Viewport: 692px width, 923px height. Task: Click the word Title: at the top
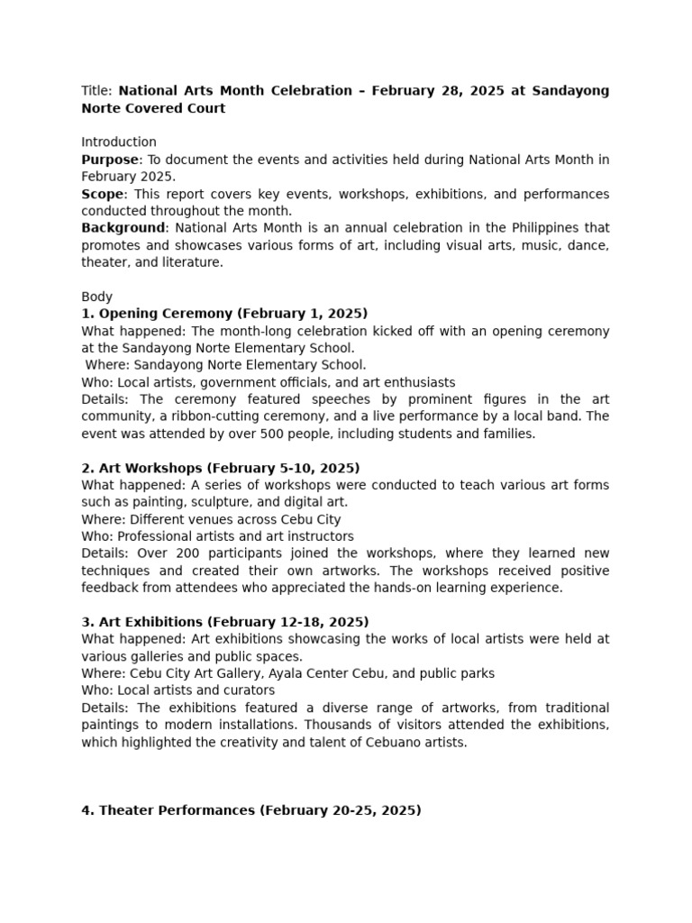click(97, 91)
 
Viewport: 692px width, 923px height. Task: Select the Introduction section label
click(119, 142)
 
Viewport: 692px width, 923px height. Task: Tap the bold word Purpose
click(109, 160)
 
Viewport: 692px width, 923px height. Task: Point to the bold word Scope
click(101, 194)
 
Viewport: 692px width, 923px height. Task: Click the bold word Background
click(123, 228)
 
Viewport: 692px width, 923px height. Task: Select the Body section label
click(96, 297)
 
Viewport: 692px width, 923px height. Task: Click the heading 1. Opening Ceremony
click(224, 314)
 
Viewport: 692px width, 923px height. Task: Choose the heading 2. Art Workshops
click(221, 468)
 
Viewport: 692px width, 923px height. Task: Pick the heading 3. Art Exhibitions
click(224, 622)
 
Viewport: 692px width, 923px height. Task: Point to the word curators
click(248, 690)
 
